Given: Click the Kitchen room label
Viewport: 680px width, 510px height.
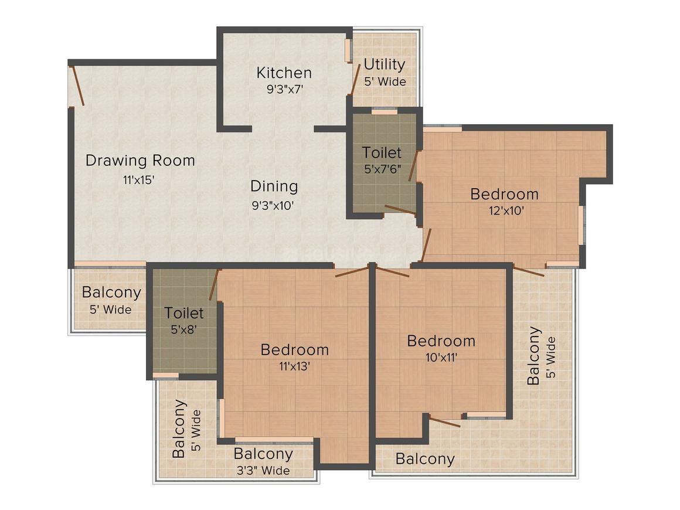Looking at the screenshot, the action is pyautogui.click(x=284, y=73).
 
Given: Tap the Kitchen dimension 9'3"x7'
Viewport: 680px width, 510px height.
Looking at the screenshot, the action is pyautogui.click(x=284, y=90).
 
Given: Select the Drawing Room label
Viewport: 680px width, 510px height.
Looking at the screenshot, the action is pyautogui.click(x=140, y=161).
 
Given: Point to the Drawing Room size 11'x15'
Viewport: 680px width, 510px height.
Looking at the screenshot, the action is pyautogui.click(x=139, y=179).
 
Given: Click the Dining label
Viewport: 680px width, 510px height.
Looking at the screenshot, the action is pyautogui.click(x=274, y=186).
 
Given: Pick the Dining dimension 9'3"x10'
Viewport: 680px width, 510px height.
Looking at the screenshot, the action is pyautogui.click(x=273, y=206).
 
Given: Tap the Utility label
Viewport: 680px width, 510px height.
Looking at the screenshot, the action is pyautogui.click(x=384, y=64).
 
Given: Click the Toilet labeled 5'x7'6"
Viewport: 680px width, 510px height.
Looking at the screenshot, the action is pyautogui.click(x=382, y=152).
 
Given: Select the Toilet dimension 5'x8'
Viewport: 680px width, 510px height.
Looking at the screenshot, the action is pyautogui.click(x=184, y=330).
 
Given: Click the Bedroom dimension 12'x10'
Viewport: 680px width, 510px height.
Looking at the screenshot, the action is pyautogui.click(x=506, y=211).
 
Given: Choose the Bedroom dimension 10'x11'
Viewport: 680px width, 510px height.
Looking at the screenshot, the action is pyautogui.click(x=441, y=358).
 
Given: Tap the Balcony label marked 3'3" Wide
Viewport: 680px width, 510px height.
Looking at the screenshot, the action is pyautogui.click(x=263, y=454).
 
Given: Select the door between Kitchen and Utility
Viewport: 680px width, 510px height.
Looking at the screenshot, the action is pyautogui.click(x=356, y=80).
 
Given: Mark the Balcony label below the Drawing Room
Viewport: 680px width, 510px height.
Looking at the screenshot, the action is pyautogui.click(x=111, y=293).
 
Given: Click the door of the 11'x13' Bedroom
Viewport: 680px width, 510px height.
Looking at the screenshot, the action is pyautogui.click(x=352, y=273).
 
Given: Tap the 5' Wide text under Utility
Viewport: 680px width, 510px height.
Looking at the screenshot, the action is pyautogui.click(x=385, y=81).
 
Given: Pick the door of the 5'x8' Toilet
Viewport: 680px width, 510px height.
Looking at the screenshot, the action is pyautogui.click(x=213, y=284).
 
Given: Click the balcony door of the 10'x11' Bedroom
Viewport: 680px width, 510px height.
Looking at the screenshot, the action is pyautogui.click(x=444, y=421).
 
